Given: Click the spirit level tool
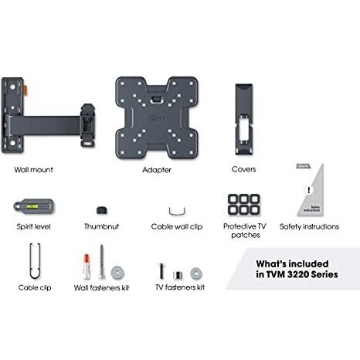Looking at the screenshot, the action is click(x=34, y=206).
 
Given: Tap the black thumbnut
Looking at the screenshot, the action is click(x=102, y=209).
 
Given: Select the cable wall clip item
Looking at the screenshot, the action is click(x=177, y=211).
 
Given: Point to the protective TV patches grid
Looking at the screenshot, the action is click(x=244, y=205).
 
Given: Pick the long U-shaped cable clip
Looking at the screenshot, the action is click(x=35, y=261).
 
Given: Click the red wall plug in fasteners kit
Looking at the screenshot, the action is click(x=87, y=267).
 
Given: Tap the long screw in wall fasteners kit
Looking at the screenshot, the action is click(x=102, y=261).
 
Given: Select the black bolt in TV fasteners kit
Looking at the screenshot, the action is click(x=161, y=271).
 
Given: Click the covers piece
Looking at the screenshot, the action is click(x=244, y=119).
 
